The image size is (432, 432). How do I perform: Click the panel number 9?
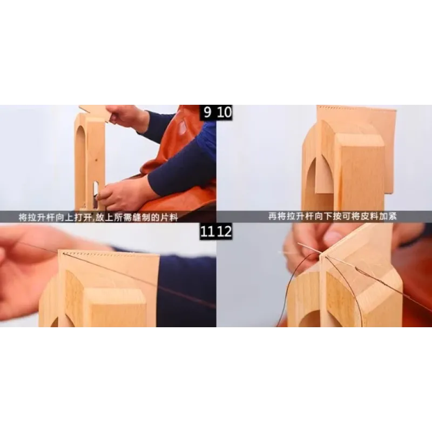coord(207,112)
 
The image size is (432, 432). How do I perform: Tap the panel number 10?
coord(224,112)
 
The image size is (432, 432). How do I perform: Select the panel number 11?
coord(207,232)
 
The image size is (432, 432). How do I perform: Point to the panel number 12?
coord(224,232)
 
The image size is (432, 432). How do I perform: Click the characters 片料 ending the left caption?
coord(168,218)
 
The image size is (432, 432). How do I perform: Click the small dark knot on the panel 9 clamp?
coord(96,160)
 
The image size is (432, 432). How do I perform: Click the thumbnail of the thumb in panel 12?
coord(333,237)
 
